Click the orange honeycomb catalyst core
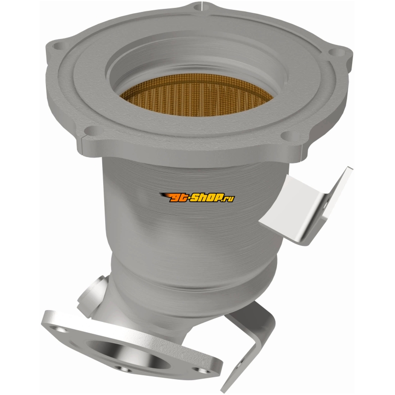click(196, 95)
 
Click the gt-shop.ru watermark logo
click(197, 197)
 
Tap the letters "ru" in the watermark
click(230, 199)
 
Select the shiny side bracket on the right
click(306, 206)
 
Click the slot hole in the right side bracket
click(325, 204)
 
